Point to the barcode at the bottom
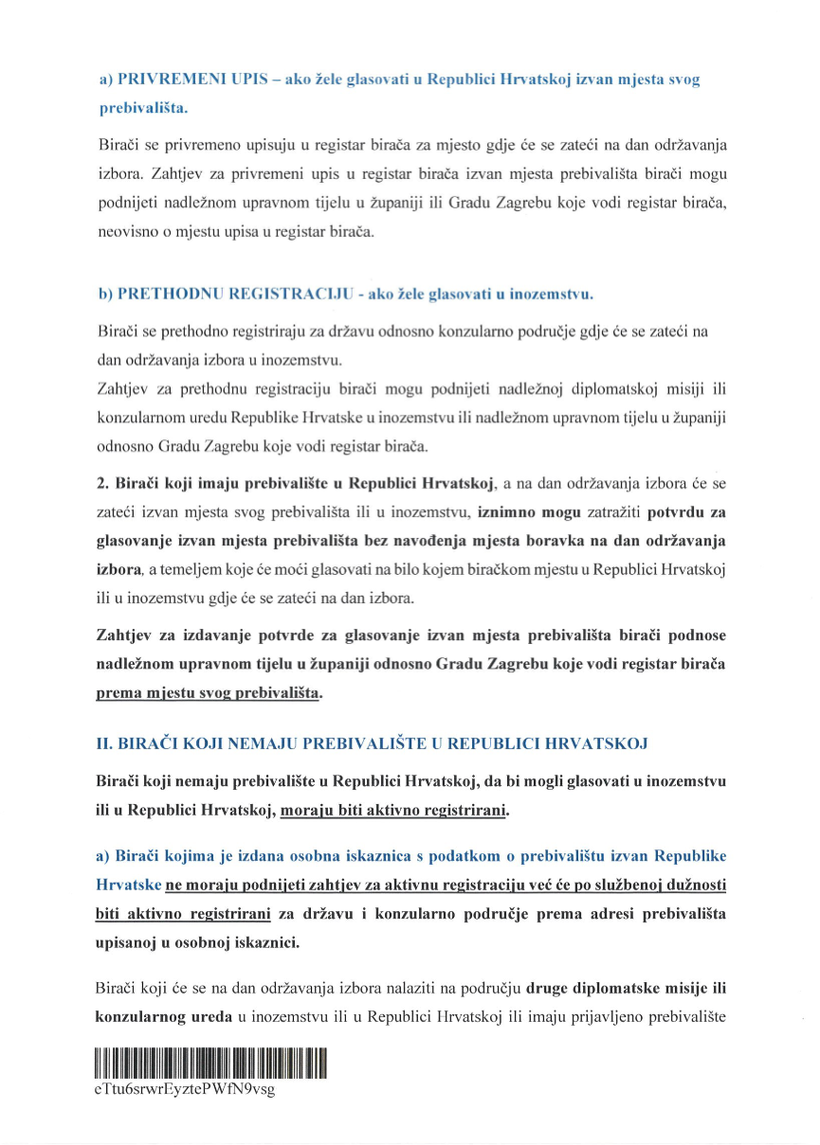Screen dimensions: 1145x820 210,1063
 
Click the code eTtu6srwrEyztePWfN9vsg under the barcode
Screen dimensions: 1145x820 184,1089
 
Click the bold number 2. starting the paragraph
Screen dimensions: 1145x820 103,484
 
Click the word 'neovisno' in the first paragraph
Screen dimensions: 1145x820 124,230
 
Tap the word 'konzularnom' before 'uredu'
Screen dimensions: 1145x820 138,418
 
